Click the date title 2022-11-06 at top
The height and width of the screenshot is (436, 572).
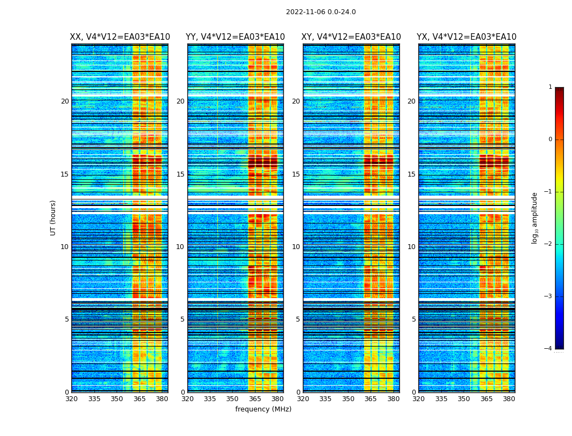click(321, 12)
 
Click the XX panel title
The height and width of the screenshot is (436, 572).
click(120, 37)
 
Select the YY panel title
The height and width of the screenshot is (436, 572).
click(235, 37)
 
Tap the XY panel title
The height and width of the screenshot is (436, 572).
click(351, 37)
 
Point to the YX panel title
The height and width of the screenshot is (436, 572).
click(467, 37)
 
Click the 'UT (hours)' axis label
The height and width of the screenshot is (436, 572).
click(53, 217)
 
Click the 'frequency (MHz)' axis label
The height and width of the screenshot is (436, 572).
click(263, 409)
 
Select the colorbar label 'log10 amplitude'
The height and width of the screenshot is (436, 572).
click(534, 217)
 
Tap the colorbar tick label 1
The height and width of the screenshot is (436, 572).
click(550, 87)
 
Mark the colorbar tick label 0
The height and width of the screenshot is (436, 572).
click(550, 140)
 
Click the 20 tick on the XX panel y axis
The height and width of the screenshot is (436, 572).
click(65, 101)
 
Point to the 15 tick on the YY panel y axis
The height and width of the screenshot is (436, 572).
click(180, 174)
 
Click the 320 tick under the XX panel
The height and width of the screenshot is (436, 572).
click(72, 399)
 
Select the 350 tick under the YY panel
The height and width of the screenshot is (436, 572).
click(233, 399)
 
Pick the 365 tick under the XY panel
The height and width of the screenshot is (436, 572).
click(370, 399)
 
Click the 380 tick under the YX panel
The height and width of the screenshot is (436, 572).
click(509, 399)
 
